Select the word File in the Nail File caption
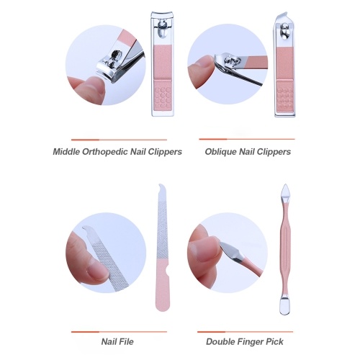(x=126, y=341)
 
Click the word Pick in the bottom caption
(x=275, y=341)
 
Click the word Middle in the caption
(x=66, y=152)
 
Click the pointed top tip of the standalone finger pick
(x=285, y=184)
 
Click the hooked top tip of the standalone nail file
(x=161, y=186)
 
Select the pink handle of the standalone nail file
(x=163, y=285)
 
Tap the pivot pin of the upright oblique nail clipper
(x=284, y=31)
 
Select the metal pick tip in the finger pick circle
(x=232, y=251)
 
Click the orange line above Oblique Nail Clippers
(x=247, y=139)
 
